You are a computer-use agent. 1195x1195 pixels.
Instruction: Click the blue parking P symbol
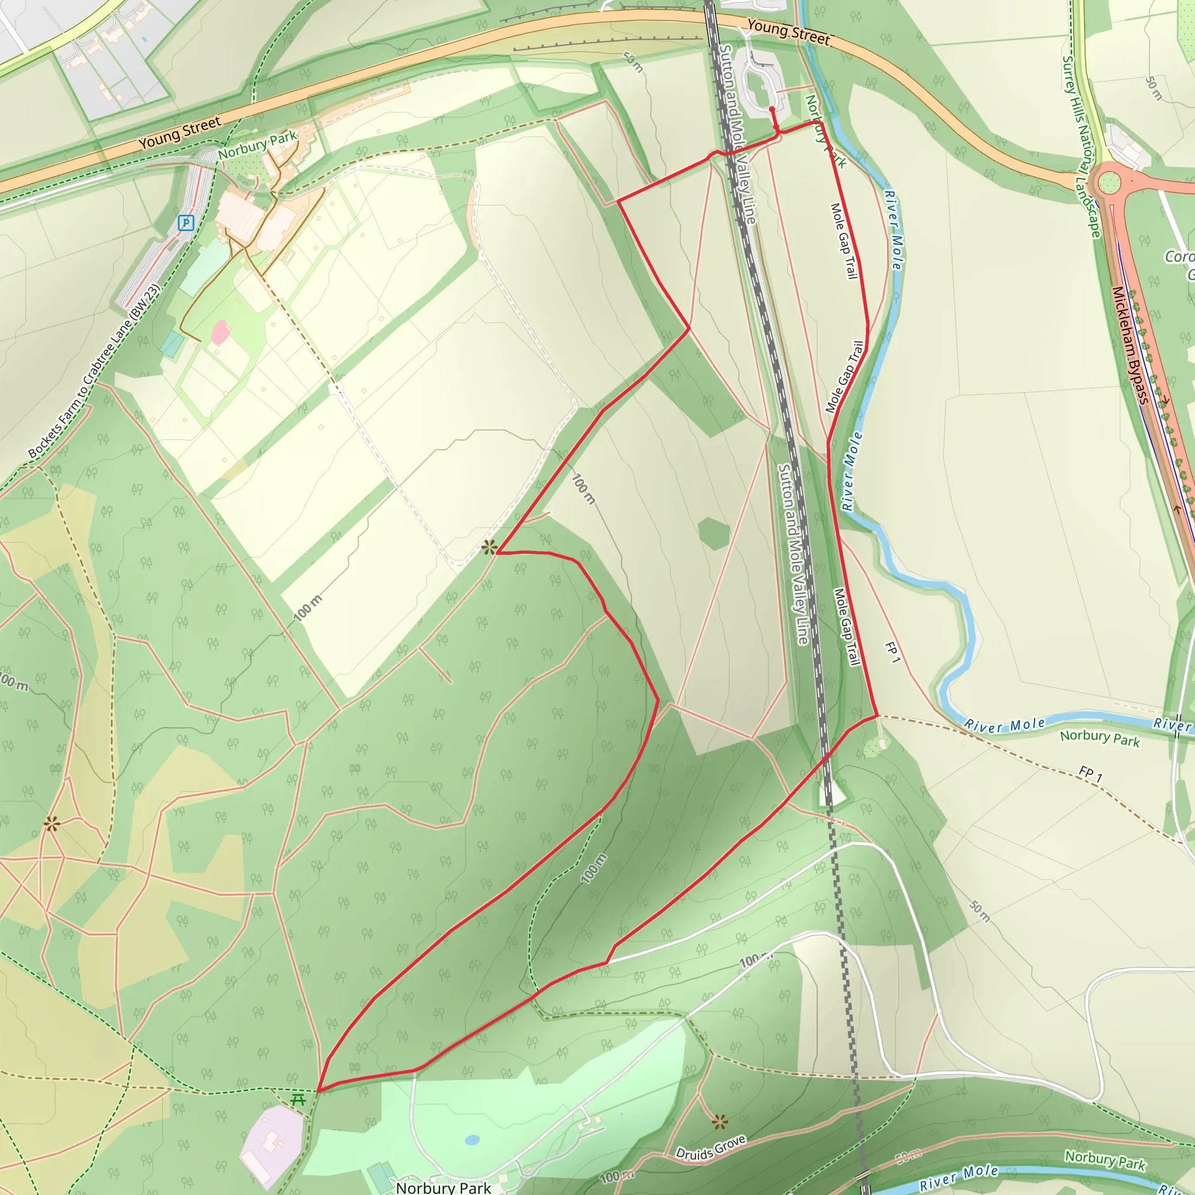(186, 223)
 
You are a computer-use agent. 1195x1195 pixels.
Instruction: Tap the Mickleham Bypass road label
(1130, 346)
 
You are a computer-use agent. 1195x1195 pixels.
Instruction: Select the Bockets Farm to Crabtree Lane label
(94, 372)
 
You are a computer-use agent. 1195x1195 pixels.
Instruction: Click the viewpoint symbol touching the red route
(489, 547)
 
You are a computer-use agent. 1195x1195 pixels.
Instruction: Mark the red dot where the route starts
(772, 110)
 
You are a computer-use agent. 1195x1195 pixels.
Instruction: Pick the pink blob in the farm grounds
(220, 332)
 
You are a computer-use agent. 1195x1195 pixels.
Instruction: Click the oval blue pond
(472, 1140)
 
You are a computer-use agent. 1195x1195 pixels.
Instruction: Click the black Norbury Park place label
(443, 1187)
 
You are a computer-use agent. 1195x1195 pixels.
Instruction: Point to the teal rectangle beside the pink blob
(172, 344)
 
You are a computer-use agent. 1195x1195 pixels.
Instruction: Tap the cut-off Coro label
(1179, 257)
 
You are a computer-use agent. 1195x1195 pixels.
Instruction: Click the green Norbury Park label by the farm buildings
(257, 145)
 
